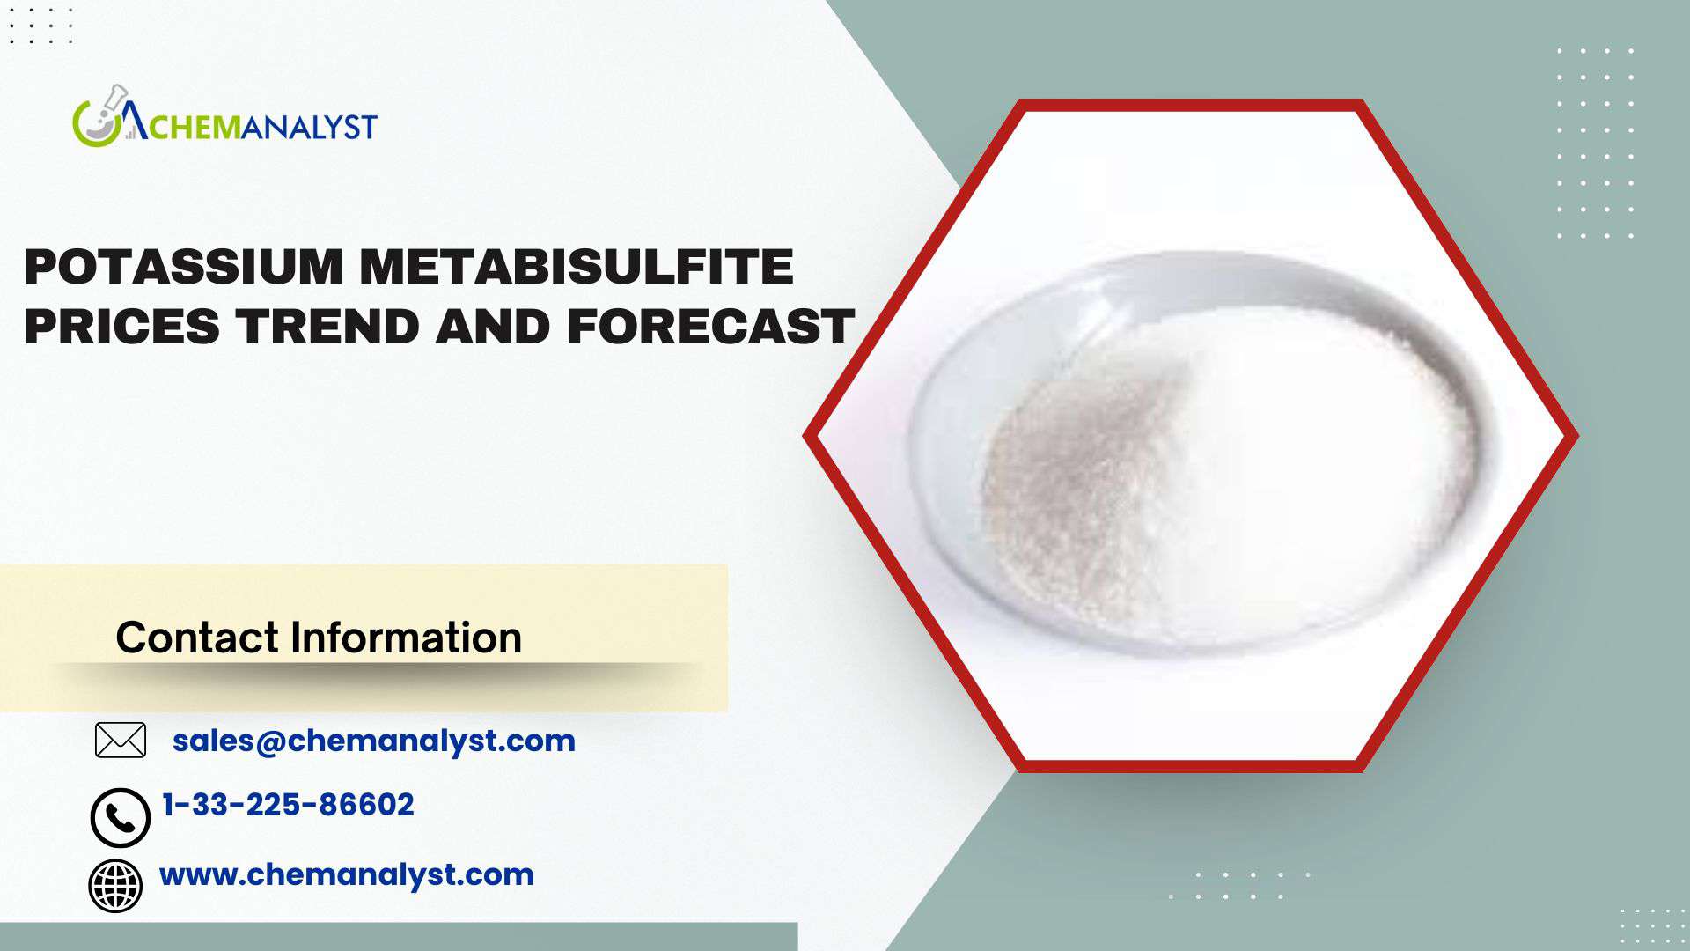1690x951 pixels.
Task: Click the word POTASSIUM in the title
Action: click(x=183, y=267)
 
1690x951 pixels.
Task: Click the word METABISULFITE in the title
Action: click(x=577, y=267)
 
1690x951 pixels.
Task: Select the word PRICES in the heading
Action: click(x=121, y=327)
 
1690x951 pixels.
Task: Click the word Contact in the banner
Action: click(x=197, y=637)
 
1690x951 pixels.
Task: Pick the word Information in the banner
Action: click(x=406, y=637)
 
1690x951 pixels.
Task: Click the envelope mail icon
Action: click(x=121, y=741)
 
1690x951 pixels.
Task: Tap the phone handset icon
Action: click(x=120, y=818)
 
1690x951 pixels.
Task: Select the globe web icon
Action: click(x=115, y=886)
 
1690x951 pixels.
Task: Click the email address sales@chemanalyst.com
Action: click(x=374, y=741)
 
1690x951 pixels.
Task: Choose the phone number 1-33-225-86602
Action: click(x=289, y=805)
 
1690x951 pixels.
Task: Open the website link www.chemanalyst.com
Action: click(x=347, y=874)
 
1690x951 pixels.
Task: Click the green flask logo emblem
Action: click(x=99, y=117)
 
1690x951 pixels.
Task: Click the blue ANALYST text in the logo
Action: click(x=309, y=128)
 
